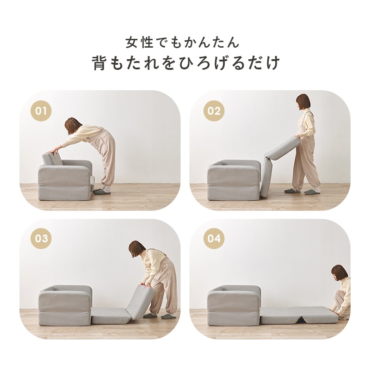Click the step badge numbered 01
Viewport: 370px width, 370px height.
(41, 111)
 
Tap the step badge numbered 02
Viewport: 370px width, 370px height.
(214, 111)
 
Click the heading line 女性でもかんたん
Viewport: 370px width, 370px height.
(183, 43)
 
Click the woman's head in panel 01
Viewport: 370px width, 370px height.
(73, 125)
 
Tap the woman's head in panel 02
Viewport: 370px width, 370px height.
(303, 102)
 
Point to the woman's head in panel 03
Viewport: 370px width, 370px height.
(137, 249)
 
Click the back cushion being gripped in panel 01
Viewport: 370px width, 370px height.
(52, 159)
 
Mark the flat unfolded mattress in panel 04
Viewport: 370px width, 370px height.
(298, 315)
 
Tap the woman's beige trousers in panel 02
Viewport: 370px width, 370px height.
(305, 162)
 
